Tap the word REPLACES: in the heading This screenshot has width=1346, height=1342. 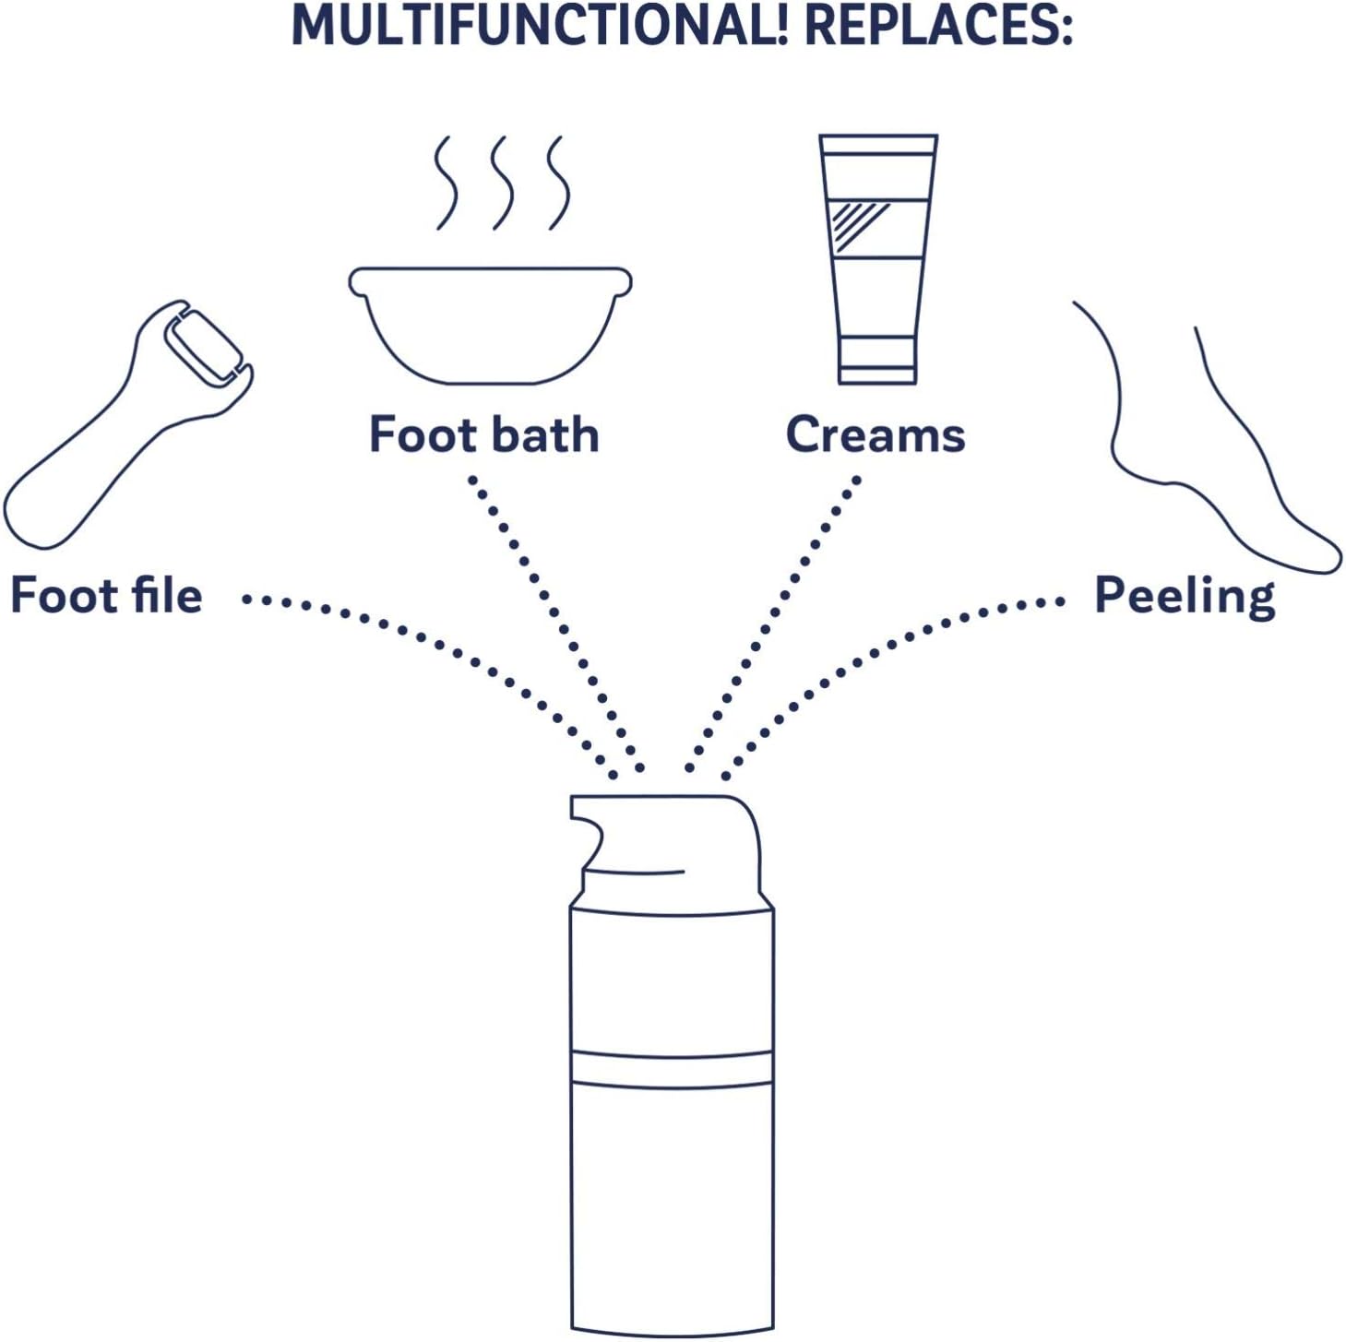coord(938,26)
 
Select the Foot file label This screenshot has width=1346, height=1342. coord(106,595)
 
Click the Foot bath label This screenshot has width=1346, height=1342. coord(484,433)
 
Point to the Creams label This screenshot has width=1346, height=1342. coord(875,433)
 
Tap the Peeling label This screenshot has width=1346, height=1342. coord(1185,598)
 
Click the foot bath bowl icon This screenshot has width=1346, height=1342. coord(491,326)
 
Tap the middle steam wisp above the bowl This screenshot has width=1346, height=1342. coord(503,183)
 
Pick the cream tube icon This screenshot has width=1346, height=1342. coord(878,259)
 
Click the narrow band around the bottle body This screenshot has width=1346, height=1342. coord(672,1070)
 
